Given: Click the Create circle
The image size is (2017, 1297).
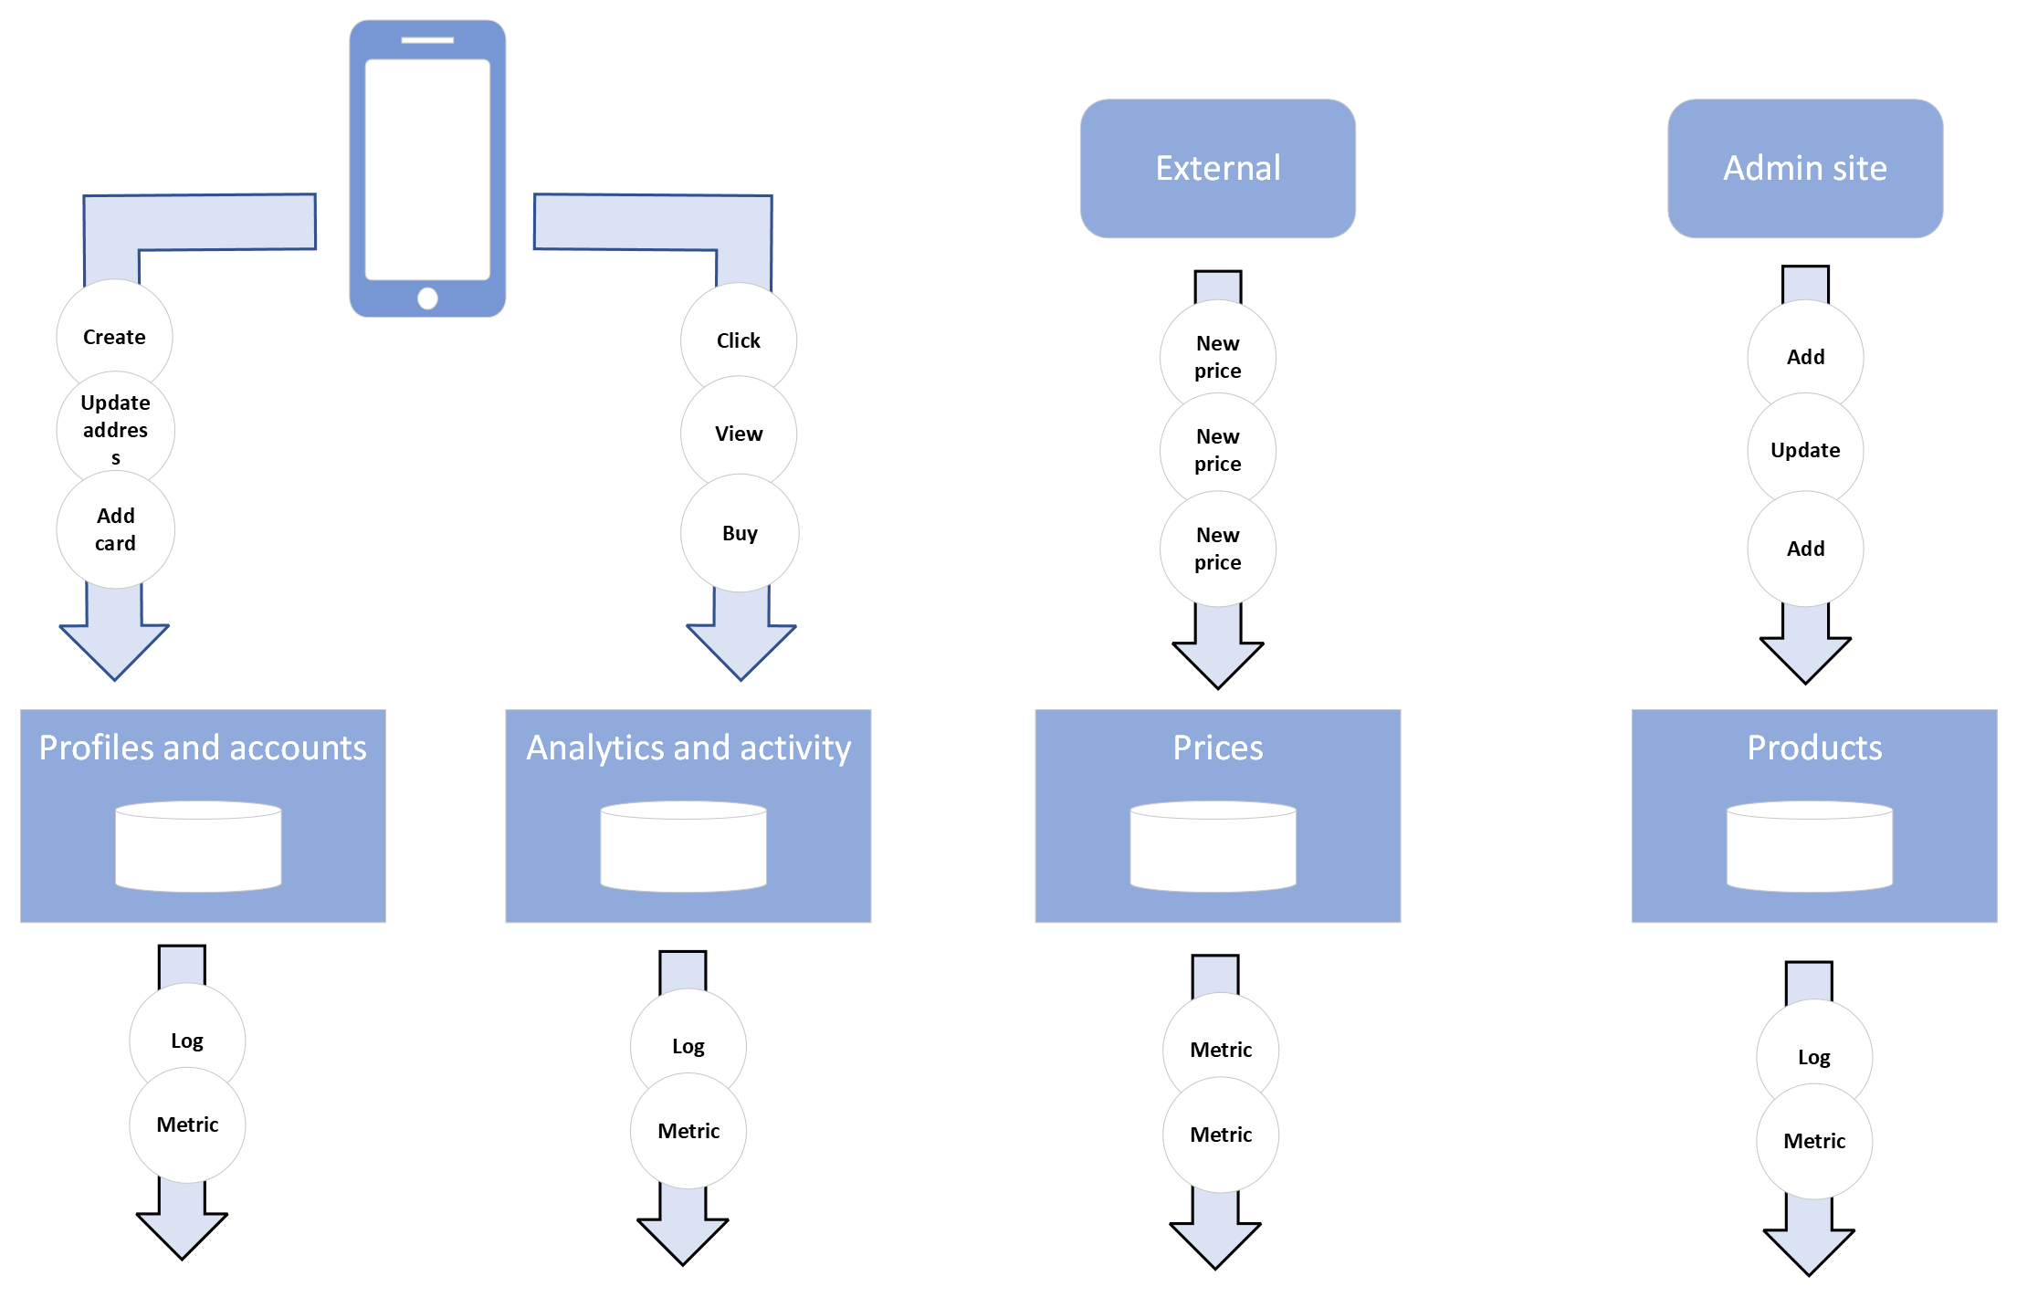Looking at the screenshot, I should point(114,337).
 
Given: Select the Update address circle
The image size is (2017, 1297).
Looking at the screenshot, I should point(115,429).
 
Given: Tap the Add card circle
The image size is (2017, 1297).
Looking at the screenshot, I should point(115,529).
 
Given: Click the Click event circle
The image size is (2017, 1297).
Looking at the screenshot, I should point(738,340).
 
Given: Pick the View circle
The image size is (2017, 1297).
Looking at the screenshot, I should point(738,434).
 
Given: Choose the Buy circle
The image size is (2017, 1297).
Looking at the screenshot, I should point(739,533).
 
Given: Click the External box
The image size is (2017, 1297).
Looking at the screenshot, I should point(1217,168).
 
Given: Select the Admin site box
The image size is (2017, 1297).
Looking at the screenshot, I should point(1804,168).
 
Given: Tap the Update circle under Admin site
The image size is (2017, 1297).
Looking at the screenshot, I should point(1804,450).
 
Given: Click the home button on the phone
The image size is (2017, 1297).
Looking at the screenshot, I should point(427,298).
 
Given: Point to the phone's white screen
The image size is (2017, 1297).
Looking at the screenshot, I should point(427,169).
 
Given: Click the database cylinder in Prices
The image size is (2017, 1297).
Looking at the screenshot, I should point(1213,846).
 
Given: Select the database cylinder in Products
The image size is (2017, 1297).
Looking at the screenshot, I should point(1809,846).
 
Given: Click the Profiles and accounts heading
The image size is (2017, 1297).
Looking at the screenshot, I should point(203,748).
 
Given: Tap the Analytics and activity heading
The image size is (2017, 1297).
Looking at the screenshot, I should point(688,748).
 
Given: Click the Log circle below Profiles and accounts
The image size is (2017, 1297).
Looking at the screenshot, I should point(187,1041).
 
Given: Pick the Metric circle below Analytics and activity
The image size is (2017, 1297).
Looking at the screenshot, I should point(688,1131).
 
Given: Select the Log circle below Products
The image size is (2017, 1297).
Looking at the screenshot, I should point(1813,1057).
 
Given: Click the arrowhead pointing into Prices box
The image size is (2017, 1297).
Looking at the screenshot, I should point(1217,663).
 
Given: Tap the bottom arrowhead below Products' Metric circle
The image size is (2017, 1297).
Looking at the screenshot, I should point(1808,1250).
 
